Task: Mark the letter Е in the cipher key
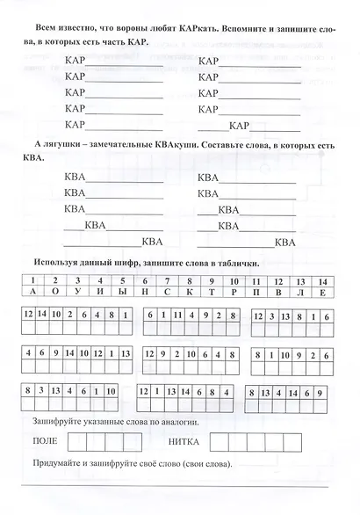(x=323, y=289)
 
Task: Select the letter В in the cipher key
(x=278, y=289)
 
